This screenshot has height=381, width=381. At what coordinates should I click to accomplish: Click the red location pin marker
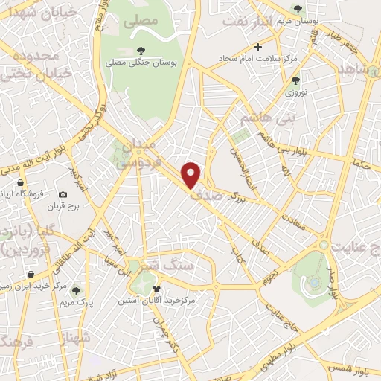click(192, 174)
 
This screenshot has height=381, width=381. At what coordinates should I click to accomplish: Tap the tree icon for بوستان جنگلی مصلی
click(141, 51)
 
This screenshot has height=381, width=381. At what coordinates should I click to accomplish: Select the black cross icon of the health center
click(258, 47)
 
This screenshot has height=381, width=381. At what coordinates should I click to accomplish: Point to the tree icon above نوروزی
click(296, 80)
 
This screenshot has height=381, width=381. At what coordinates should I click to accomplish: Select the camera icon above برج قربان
click(63, 195)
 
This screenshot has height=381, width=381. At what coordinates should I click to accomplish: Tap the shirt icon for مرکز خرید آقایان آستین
click(156, 289)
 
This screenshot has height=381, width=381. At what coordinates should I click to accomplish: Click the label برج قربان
click(63, 206)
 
